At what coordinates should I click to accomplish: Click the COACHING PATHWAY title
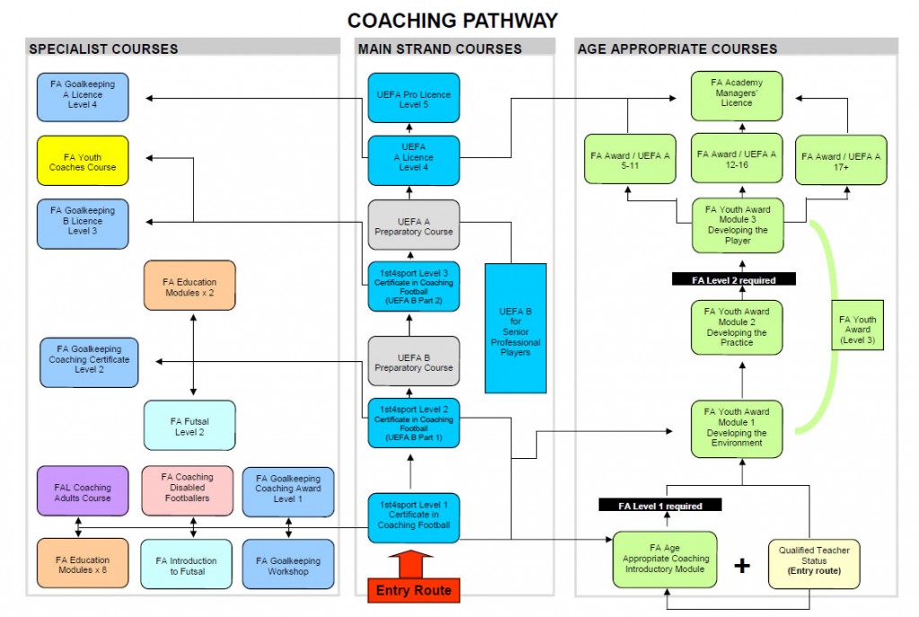[x=452, y=20]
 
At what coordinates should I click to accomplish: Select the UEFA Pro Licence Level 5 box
[x=413, y=98]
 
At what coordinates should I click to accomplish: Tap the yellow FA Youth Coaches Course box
[x=83, y=161]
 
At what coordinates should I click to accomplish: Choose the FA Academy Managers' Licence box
[x=736, y=93]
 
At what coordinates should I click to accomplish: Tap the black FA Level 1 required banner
[x=661, y=506]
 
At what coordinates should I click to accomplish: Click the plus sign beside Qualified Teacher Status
[x=741, y=566]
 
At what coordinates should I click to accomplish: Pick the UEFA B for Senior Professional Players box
[x=515, y=328]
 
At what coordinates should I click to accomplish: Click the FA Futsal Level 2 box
[x=189, y=426]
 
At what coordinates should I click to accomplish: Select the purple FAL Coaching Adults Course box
[x=83, y=492]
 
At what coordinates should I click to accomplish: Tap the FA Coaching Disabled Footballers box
[x=188, y=492]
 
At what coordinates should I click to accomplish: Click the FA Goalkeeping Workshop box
[x=288, y=565]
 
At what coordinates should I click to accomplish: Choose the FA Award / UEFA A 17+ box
[x=841, y=160]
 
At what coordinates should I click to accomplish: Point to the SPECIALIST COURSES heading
[x=103, y=48]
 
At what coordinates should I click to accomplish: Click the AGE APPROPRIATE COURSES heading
[x=677, y=48]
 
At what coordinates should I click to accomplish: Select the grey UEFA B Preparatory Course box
[x=413, y=362]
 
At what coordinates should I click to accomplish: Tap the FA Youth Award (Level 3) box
[x=857, y=325]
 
